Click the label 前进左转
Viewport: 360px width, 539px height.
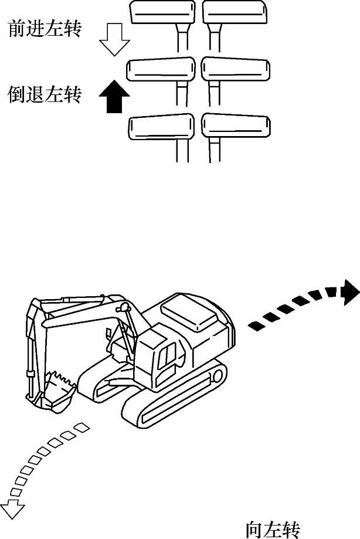44,29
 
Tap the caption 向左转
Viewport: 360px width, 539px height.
273,530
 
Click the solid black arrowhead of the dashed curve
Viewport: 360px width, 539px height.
350,291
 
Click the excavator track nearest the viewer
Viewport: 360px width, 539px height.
176,405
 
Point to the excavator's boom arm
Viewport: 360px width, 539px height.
88,317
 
